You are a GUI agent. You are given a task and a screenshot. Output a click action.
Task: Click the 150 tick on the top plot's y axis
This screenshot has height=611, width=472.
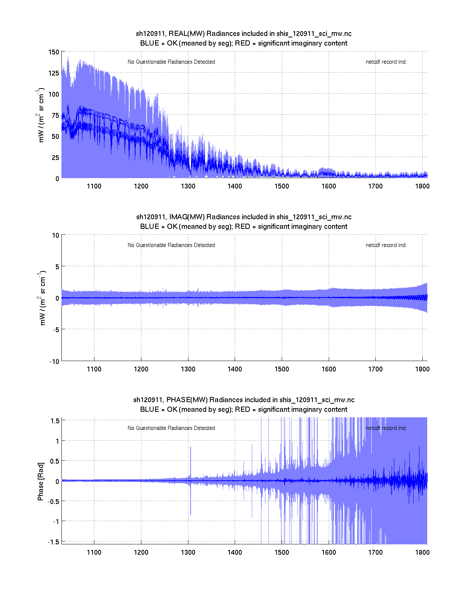pyautogui.click(x=54, y=52)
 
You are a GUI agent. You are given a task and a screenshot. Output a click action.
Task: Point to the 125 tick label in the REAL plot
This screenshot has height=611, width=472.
pyautogui.click(x=54, y=73)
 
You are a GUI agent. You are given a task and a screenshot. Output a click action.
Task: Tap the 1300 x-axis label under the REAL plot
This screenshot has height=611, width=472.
pyautogui.click(x=188, y=186)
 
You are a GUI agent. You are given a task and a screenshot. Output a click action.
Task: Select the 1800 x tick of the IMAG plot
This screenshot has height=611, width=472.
pyautogui.click(x=422, y=369)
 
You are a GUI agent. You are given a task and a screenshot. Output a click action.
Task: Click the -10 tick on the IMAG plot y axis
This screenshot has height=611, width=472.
pyautogui.click(x=54, y=362)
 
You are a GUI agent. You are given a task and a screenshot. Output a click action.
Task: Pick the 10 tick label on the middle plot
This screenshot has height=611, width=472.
pyautogui.click(x=56, y=236)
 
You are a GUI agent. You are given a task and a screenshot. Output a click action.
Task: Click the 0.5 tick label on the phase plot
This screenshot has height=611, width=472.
pyautogui.click(x=54, y=461)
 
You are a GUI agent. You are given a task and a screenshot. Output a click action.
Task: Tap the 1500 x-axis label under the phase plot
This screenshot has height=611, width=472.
pyautogui.click(x=282, y=552)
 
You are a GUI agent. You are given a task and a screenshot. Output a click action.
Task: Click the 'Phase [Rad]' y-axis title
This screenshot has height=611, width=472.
pyautogui.click(x=41, y=481)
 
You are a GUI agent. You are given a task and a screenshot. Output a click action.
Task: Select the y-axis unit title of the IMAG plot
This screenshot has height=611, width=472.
pyautogui.click(x=42, y=298)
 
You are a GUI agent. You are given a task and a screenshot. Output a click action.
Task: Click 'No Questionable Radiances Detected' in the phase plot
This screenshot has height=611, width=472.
pyautogui.click(x=171, y=428)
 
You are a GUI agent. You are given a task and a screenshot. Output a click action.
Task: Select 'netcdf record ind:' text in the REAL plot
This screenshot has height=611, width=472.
pyautogui.click(x=386, y=62)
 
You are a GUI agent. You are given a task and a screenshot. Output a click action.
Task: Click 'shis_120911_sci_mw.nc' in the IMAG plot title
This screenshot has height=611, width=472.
pyautogui.click(x=314, y=217)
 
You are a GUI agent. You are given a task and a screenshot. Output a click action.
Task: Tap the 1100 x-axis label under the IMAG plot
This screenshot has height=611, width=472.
pyautogui.click(x=94, y=369)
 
